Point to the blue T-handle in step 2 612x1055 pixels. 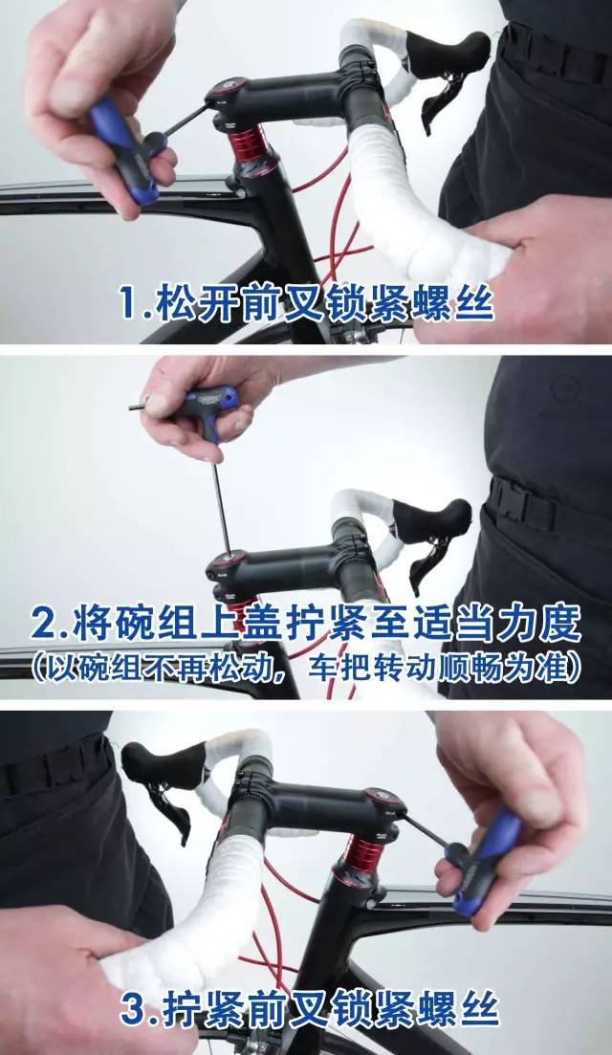pyautogui.click(x=212, y=407)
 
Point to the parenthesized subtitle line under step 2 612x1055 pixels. pyautogui.click(x=306, y=668)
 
